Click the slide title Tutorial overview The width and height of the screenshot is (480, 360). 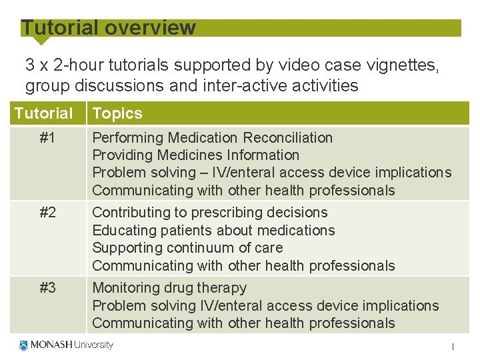109,28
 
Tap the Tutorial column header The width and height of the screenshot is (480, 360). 44,113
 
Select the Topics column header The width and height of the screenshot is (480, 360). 117,113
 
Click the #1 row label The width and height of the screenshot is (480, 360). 47,137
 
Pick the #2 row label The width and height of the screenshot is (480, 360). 47,213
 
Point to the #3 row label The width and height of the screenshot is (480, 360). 47,288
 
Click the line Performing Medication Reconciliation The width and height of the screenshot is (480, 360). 212,137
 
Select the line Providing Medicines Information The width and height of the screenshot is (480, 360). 195,155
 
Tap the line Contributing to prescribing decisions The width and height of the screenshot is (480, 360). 210,213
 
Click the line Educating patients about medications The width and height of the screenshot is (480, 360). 213,230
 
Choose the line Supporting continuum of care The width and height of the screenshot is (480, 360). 187,248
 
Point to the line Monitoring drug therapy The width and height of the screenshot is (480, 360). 169,288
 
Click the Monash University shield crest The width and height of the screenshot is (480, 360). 24,345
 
